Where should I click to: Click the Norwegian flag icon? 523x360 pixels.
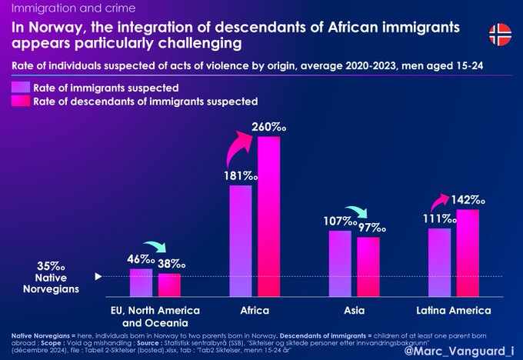500,33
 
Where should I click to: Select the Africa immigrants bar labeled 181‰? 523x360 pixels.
241,241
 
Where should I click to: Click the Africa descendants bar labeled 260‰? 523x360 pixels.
269,216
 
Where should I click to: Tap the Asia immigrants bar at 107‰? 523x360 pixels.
340,263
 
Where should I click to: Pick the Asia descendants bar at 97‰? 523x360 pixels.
368,267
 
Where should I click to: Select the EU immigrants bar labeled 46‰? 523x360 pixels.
141,282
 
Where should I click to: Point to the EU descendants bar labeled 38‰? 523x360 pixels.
169,285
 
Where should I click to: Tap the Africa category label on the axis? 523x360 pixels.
255,311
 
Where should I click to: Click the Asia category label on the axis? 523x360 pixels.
355,311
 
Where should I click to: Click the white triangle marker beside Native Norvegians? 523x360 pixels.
98,275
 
